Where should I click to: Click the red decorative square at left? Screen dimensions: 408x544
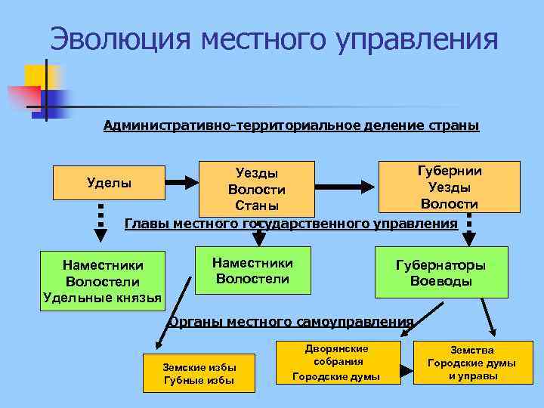pos(23,98)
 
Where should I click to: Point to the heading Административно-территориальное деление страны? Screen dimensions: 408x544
pos(291,125)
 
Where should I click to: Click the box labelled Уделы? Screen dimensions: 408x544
pos(109,182)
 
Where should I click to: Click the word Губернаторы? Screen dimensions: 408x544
pos(440,265)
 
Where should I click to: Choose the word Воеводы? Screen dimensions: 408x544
pos(440,282)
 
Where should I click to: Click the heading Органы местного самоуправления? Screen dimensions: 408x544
pos(291,322)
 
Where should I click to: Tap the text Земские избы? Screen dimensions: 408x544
pos(199,366)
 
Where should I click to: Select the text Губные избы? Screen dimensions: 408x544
pos(199,380)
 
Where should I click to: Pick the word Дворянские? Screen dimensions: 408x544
pos(337,348)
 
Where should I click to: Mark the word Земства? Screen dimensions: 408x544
pos(472,351)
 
